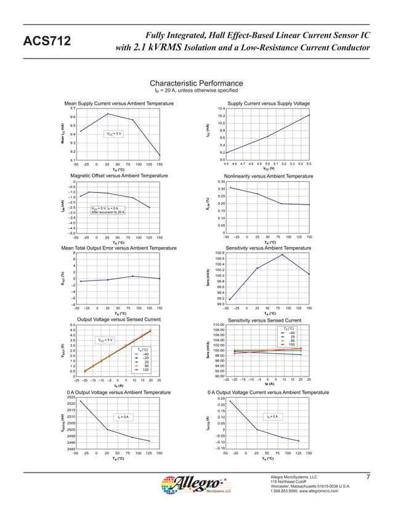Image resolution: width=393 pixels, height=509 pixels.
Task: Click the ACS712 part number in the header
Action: point(46,42)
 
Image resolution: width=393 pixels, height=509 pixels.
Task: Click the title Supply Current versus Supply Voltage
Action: point(269,103)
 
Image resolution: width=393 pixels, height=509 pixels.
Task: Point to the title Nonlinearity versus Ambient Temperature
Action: point(268,176)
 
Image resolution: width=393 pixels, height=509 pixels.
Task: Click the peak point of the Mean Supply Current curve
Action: point(108,114)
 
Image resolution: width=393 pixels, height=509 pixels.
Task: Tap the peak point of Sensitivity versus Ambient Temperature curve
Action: point(282,254)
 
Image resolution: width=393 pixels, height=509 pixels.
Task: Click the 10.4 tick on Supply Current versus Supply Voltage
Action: point(222,108)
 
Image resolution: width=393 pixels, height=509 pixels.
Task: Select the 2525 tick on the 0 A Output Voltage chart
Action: point(71,397)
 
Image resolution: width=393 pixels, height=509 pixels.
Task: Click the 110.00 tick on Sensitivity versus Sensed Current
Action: point(219,325)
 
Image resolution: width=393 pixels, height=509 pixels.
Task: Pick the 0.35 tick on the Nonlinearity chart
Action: point(221,182)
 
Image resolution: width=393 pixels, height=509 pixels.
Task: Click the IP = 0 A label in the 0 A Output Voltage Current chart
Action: point(273,417)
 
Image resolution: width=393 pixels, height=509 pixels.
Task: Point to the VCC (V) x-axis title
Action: point(269,168)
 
